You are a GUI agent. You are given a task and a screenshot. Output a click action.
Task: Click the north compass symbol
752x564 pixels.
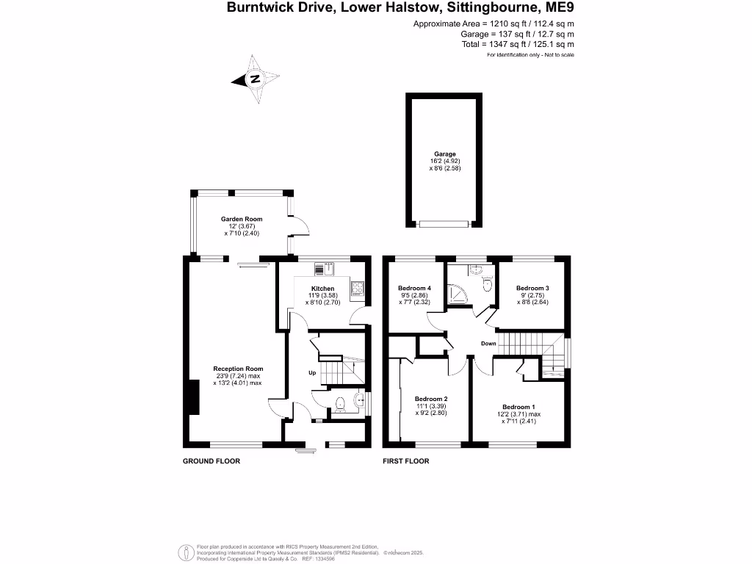tap(256, 79)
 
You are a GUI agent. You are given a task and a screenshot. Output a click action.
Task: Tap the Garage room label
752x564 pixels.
tap(444, 154)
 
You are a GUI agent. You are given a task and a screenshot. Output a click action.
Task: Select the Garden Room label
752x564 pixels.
tap(242, 219)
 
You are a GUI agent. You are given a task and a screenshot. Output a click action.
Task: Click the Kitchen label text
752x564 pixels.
tap(322, 289)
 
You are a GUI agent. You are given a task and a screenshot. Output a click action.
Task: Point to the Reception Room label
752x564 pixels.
tap(238, 369)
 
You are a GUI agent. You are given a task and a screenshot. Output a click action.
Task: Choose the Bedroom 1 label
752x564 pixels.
tap(519, 407)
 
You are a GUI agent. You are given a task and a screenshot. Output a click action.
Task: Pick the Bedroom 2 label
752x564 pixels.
tap(432, 399)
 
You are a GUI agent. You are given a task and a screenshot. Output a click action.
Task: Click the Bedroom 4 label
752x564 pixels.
tap(414, 288)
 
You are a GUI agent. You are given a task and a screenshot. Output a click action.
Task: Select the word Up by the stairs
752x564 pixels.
tap(311, 373)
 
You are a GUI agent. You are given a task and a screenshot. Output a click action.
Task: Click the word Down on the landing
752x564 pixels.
tap(488, 344)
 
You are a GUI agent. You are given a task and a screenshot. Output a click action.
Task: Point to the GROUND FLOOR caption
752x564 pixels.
tap(211, 461)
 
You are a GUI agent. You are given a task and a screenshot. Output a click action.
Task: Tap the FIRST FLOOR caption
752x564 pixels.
tap(406, 461)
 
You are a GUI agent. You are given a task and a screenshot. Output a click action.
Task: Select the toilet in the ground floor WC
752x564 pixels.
tap(340, 402)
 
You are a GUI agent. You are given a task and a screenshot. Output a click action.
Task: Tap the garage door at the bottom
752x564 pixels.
tap(444, 223)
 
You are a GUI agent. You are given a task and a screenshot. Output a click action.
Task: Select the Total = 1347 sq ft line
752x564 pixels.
tap(528, 44)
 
